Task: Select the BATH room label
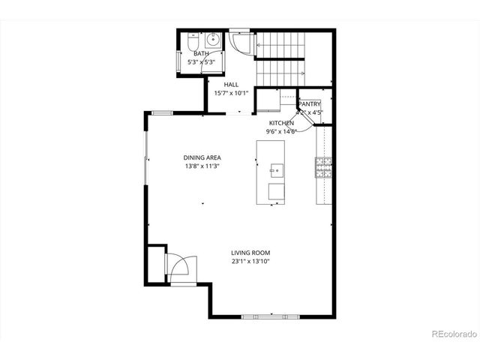[201, 54]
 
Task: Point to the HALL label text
[231, 85]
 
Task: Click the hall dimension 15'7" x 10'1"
[231, 94]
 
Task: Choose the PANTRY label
[310, 105]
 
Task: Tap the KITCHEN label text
[282, 122]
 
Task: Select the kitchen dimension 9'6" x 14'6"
[282, 131]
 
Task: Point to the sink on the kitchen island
[275, 169]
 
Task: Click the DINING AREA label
[202, 157]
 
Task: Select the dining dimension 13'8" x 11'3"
[202, 166]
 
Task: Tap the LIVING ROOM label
[250, 253]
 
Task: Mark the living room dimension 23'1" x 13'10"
[250, 262]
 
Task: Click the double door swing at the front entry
[181, 268]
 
